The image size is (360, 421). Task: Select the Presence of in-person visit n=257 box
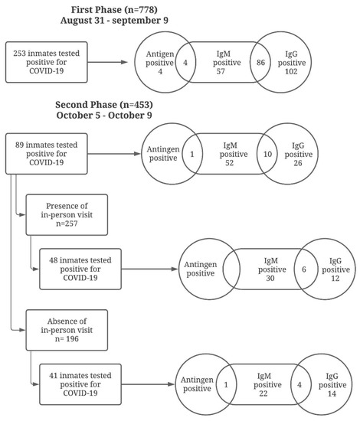(x=67, y=216)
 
